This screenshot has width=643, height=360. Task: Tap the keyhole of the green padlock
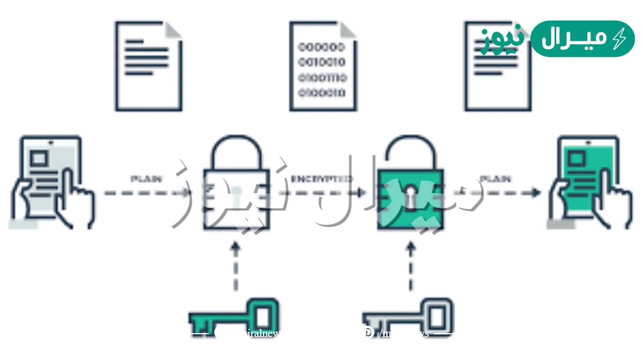pyautogui.click(x=411, y=193)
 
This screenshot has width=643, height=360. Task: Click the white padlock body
pyautogui.click(x=236, y=199)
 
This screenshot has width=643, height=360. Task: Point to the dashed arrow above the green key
pyautogui.click(x=235, y=268)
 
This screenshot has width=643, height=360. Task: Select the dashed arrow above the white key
pyautogui.click(x=411, y=268)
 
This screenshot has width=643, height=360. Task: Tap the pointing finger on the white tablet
pyautogui.click(x=70, y=193)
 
